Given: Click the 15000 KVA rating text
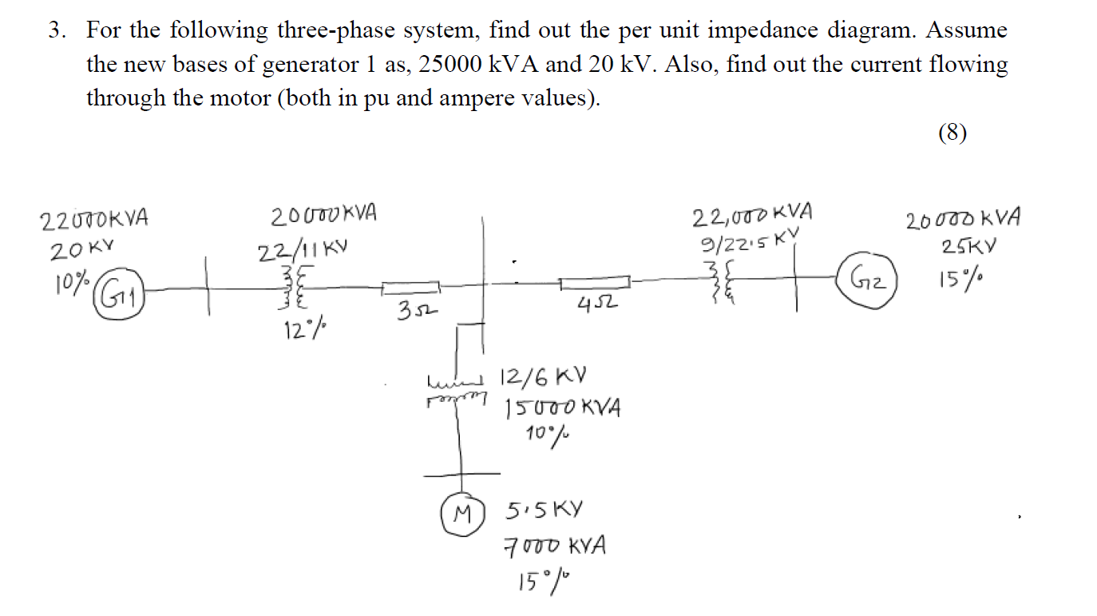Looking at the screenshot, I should click(x=562, y=407).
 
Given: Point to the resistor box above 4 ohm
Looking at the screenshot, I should click(x=595, y=282).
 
